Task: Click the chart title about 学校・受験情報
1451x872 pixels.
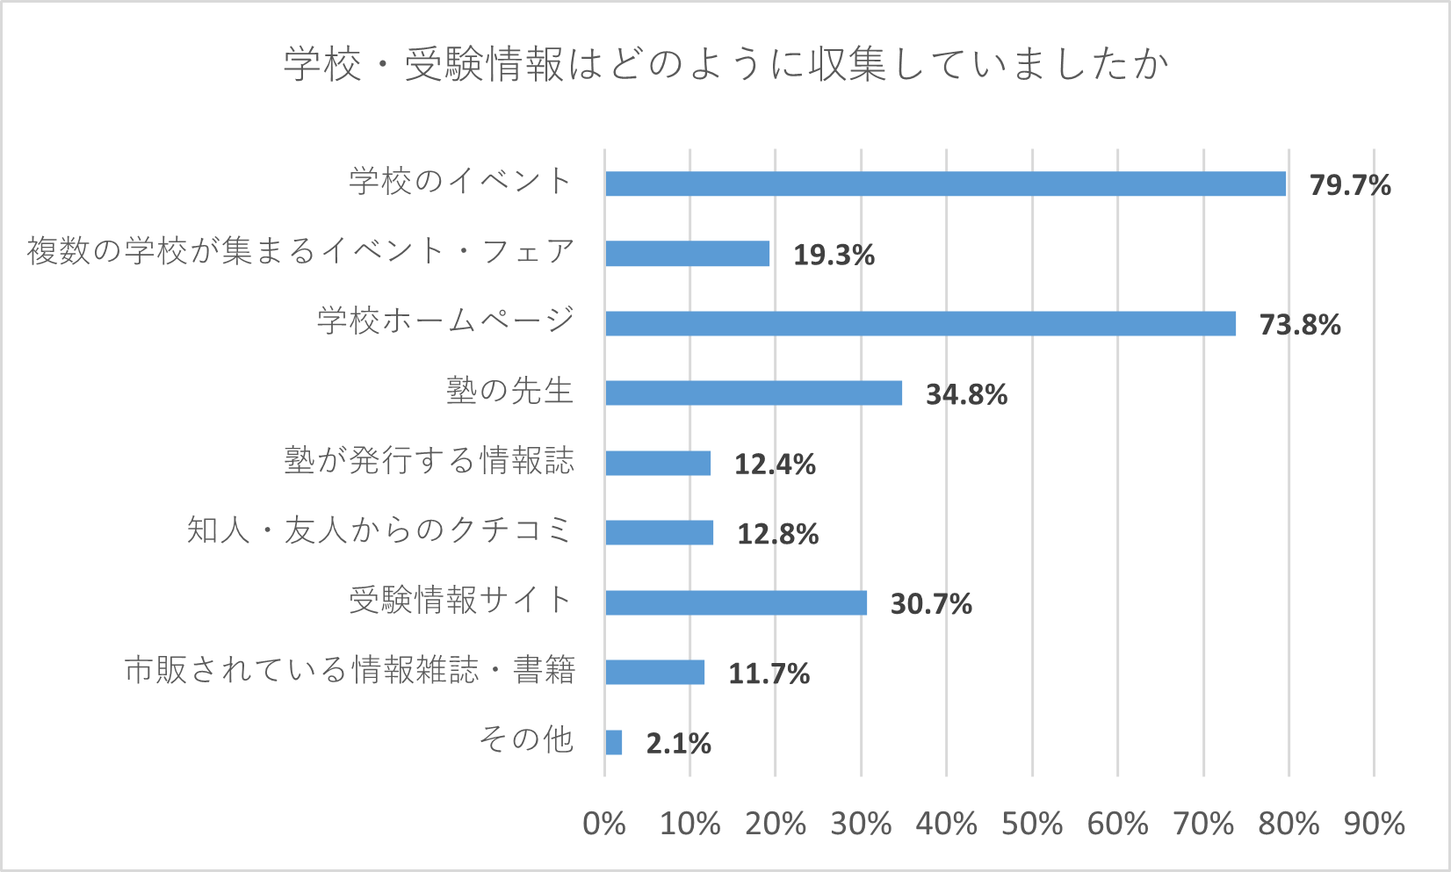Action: click(x=725, y=65)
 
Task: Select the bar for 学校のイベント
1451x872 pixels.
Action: click(x=945, y=184)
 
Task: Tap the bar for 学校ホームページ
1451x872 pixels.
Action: click(x=920, y=324)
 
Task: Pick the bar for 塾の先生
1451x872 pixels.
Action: click(x=754, y=393)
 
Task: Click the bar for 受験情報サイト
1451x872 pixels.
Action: click(x=736, y=603)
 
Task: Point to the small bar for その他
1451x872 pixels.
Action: click(x=613, y=743)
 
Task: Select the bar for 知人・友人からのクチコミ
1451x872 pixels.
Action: click(x=659, y=533)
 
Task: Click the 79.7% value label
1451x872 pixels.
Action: click(x=1350, y=185)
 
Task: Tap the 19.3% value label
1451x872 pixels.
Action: click(x=834, y=256)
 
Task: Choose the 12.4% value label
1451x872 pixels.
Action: click(x=775, y=465)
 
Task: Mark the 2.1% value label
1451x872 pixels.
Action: click(x=678, y=744)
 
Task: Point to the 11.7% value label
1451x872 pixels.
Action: click(x=769, y=674)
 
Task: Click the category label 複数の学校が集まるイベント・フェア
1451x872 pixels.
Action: click(x=300, y=252)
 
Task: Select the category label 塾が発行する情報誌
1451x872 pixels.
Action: click(x=429, y=461)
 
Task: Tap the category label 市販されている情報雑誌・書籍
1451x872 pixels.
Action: click(x=350, y=671)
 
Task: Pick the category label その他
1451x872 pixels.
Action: click(x=526, y=740)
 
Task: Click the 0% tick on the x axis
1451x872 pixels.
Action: click(x=604, y=824)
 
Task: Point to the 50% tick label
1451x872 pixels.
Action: click(x=1032, y=824)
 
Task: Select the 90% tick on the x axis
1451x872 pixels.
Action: click(x=1374, y=824)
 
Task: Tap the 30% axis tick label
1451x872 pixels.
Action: click(x=861, y=824)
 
